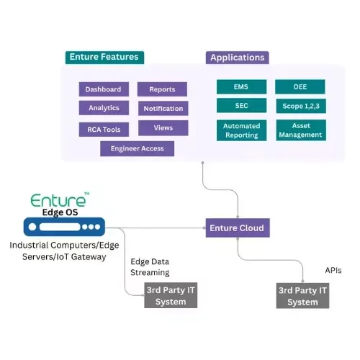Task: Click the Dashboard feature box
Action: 104,89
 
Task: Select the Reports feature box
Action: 162,89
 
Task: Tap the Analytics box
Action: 104,108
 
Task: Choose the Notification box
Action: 163,109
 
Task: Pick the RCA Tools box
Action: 104,130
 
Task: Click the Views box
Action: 163,128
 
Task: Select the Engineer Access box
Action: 137,149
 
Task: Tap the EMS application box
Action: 241,86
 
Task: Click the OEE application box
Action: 300,86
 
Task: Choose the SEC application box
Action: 241,106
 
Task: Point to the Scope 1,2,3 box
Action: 300,106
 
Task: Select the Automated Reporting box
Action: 241,130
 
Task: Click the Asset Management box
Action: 300,130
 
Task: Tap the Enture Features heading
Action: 103,57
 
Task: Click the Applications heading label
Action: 236,58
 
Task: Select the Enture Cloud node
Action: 236,228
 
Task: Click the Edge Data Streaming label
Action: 150,267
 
